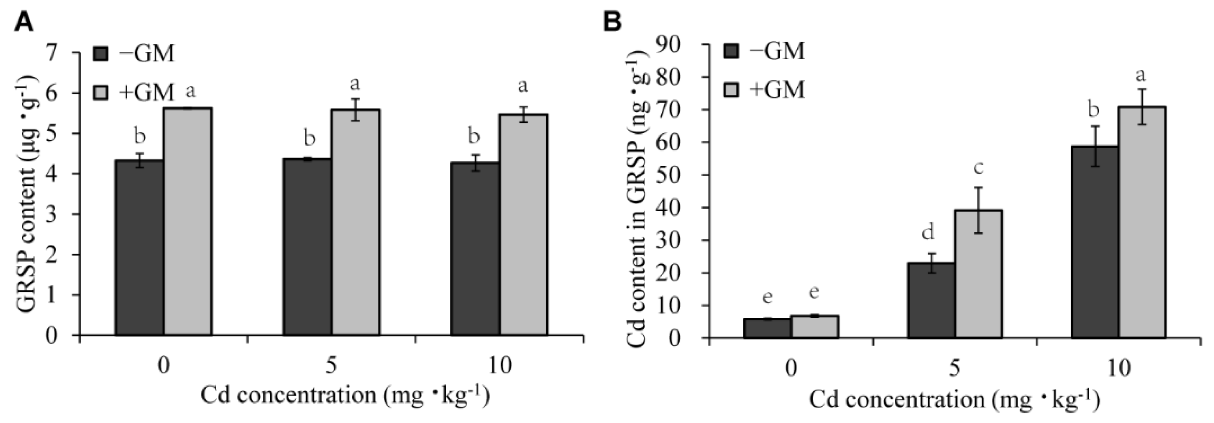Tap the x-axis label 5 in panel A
331,366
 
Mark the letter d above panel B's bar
927,232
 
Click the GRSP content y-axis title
26,193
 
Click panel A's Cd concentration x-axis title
345,395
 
